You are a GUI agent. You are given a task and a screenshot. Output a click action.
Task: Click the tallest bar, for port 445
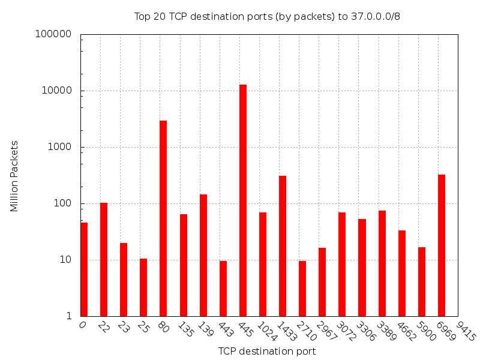(x=243, y=200)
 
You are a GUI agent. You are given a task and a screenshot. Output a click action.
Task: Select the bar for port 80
(x=163, y=218)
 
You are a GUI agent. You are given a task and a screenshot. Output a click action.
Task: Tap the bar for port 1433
(x=283, y=246)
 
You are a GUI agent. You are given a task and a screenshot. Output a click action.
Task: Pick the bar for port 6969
(x=442, y=245)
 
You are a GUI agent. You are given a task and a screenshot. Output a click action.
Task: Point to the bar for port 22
(x=104, y=259)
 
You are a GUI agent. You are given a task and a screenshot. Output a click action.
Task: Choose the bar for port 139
(x=203, y=255)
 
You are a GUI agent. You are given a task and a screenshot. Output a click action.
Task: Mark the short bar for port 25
(x=143, y=287)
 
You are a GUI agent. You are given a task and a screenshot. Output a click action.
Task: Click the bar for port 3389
(x=382, y=263)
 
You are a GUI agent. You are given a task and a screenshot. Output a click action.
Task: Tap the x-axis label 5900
(x=428, y=332)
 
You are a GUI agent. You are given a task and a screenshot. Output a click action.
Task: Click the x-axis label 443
(x=227, y=330)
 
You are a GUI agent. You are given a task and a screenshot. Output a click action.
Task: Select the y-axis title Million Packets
(x=14, y=176)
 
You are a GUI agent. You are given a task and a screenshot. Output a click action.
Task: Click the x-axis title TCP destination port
(x=267, y=351)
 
